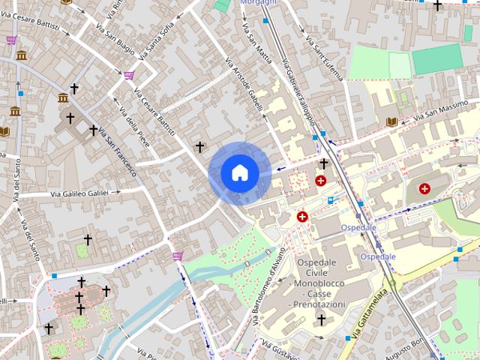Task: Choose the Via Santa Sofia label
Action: [154, 39]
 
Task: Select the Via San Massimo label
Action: [443, 109]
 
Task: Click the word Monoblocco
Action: [321, 283]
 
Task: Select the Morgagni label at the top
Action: [256, 3]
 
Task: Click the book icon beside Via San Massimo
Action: [391, 121]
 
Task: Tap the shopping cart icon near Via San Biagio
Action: [129, 75]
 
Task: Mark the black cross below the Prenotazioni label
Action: [322, 320]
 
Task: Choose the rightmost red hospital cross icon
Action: [425, 188]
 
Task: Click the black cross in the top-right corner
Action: [437, 6]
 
